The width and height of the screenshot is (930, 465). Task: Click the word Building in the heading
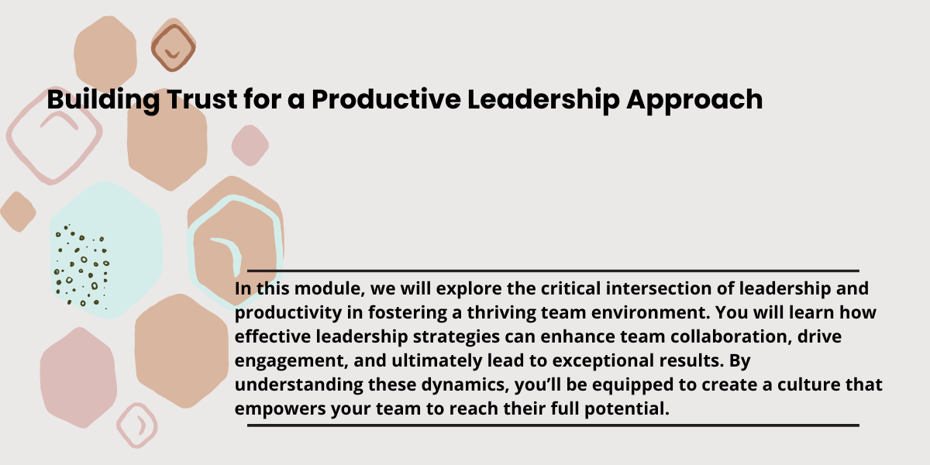103,100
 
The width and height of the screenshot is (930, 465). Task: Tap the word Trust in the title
202,99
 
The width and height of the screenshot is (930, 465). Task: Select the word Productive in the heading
386,99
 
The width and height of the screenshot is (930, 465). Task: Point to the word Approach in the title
694,100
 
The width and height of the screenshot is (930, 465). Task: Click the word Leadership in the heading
543,100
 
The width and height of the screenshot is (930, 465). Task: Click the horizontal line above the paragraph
553,270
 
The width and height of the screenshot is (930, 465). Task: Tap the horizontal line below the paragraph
553,425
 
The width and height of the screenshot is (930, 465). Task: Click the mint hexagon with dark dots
106,250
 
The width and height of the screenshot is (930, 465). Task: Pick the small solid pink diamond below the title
250,146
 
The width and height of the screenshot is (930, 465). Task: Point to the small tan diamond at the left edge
18,212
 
